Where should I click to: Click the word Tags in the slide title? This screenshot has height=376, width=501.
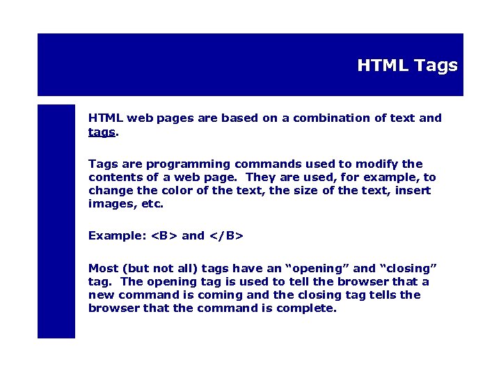(436, 66)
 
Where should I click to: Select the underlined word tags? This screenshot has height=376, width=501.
(102, 132)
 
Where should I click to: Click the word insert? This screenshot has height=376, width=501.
(413, 191)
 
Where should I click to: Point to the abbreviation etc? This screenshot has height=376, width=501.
(151, 204)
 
